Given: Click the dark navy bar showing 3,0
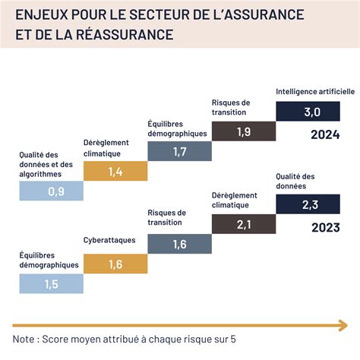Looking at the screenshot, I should pyautogui.click(x=308, y=112).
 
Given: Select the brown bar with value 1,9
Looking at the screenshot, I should pyautogui.click(x=243, y=131).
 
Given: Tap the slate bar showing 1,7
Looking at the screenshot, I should pyautogui.click(x=179, y=151).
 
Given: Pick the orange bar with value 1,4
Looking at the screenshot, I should pyautogui.click(x=115, y=172).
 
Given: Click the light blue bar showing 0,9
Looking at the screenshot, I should pyautogui.click(x=51, y=191).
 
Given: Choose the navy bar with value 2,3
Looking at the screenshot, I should pyautogui.click(x=308, y=204).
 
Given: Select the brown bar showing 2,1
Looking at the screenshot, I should pyautogui.click(x=243, y=224).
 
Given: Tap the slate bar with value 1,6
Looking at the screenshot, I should pyautogui.click(x=179, y=244).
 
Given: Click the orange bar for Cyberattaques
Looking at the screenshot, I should pyautogui.click(x=115, y=264).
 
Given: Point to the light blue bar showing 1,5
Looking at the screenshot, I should pyautogui.click(x=51, y=284).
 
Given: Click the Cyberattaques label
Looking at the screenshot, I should pyautogui.click(x=109, y=241).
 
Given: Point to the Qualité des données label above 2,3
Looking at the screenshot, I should pyautogui.click(x=297, y=181).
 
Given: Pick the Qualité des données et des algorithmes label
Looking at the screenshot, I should pyautogui.click(x=46, y=164).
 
